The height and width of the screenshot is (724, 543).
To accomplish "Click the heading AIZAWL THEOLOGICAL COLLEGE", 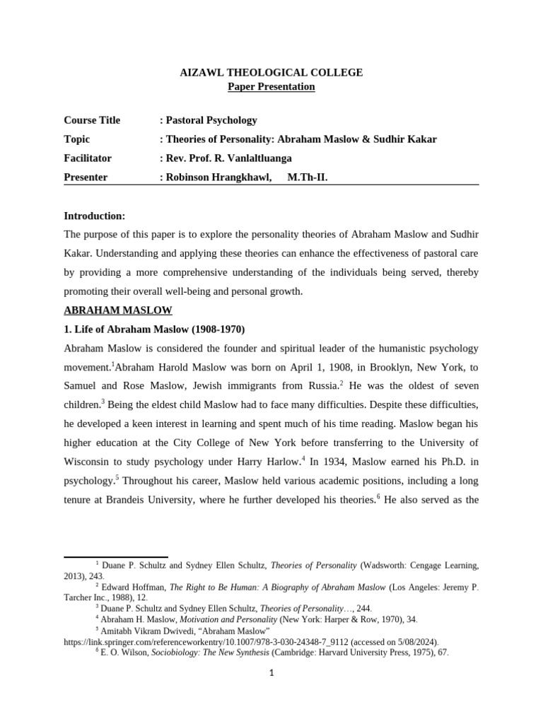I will coord(271,72).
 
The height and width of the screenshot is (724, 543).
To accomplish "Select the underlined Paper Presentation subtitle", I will coord(271,86).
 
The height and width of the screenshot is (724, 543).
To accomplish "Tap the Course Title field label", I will coord(92,120).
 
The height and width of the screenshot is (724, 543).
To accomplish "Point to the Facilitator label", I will coord(88,158).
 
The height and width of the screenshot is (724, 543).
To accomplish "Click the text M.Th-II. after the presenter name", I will coord(308,177).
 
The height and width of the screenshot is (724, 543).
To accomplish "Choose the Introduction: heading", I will coord(95,215).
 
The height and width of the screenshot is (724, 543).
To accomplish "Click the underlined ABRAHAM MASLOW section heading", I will coord(118,310).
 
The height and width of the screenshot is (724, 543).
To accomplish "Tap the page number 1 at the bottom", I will coord(271,673).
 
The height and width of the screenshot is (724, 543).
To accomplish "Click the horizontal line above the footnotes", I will coord(116,557).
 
